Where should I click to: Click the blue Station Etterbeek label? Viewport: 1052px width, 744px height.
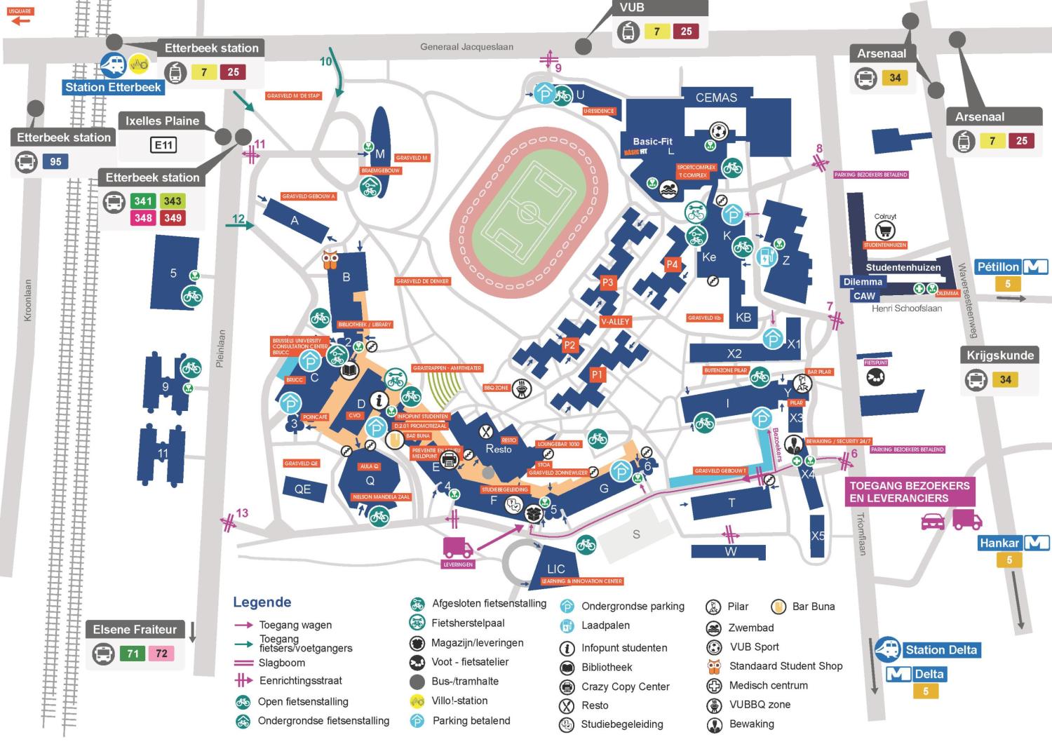pos(114,88)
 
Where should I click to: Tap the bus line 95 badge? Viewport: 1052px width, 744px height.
pos(55,162)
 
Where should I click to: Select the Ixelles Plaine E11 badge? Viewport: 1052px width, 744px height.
pos(163,145)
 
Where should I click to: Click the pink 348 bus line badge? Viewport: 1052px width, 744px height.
pos(143,218)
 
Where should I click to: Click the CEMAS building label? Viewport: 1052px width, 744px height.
pos(716,97)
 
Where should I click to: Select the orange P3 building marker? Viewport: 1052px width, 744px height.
pos(607,283)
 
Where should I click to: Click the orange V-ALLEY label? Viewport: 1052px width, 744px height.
pos(615,322)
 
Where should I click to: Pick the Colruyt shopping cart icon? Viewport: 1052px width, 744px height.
pos(885,230)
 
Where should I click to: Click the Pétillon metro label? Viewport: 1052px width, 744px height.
pos(999,267)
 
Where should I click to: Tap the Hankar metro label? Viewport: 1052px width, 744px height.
pos(1000,543)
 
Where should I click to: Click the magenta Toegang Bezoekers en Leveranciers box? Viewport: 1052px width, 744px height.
pos(910,492)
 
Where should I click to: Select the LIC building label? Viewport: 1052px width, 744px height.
pos(556,569)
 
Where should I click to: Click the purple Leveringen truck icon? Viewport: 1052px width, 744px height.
pos(458,547)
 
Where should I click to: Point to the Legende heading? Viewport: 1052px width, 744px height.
pos(262,602)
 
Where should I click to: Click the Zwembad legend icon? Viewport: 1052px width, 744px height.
pos(714,628)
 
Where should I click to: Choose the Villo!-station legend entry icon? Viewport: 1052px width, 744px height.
pos(418,701)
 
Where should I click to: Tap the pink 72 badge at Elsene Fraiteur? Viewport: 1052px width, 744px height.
pos(161,654)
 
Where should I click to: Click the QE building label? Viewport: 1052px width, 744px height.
pos(302,489)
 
